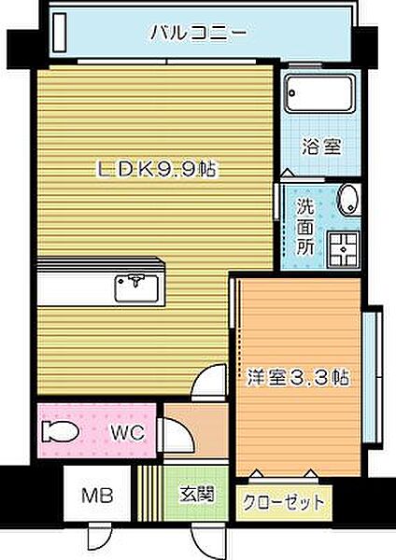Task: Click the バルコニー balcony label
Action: pyautogui.click(x=199, y=33)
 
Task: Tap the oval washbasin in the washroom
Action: pyautogui.click(x=348, y=201)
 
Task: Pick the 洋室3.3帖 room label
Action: pyautogui.click(x=298, y=378)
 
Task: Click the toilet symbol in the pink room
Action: pyautogui.click(x=59, y=431)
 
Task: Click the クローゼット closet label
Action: pyautogui.click(x=285, y=502)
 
